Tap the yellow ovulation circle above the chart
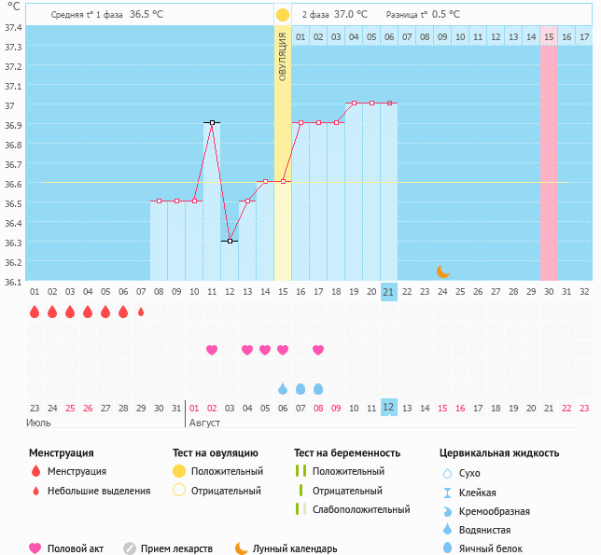point(283,15)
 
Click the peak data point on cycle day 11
point(212,122)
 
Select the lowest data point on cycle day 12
point(230,241)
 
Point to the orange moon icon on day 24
point(443,271)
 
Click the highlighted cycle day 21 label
point(389,291)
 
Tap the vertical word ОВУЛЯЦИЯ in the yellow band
point(283,56)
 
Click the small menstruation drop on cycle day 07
point(141,312)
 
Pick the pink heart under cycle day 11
point(212,350)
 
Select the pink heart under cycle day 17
point(318,350)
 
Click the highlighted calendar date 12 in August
point(389,407)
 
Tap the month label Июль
point(38,423)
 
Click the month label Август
point(204,423)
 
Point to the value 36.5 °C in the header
point(147,15)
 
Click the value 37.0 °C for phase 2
point(350,15)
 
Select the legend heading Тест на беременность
point(346,453)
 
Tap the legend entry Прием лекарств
point(176,548)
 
